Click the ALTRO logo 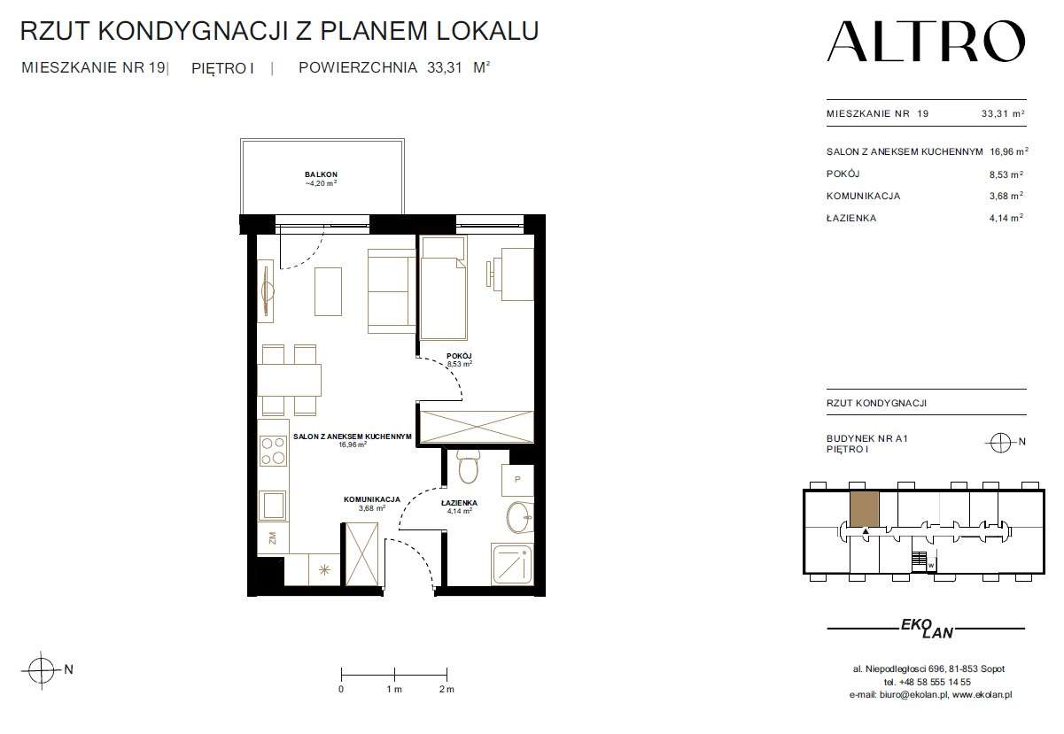coord(926,42)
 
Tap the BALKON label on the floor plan coord(321,174)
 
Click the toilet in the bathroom coord(469,467)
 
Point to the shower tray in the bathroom coord(512,565)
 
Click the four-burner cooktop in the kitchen coord(273,451)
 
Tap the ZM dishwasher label coord(273,538)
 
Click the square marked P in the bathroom coord(517,480)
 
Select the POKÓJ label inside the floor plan coord(459,356)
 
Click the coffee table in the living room coord(328,291)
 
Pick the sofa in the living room coord(392,291)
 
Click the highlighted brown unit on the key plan coord(864,509)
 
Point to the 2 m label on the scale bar coord(447,689)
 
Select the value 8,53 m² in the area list coord(1006,174)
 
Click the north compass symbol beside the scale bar coord(42,670)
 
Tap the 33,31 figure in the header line coord(444,68)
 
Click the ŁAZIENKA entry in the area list coord(851,218)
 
